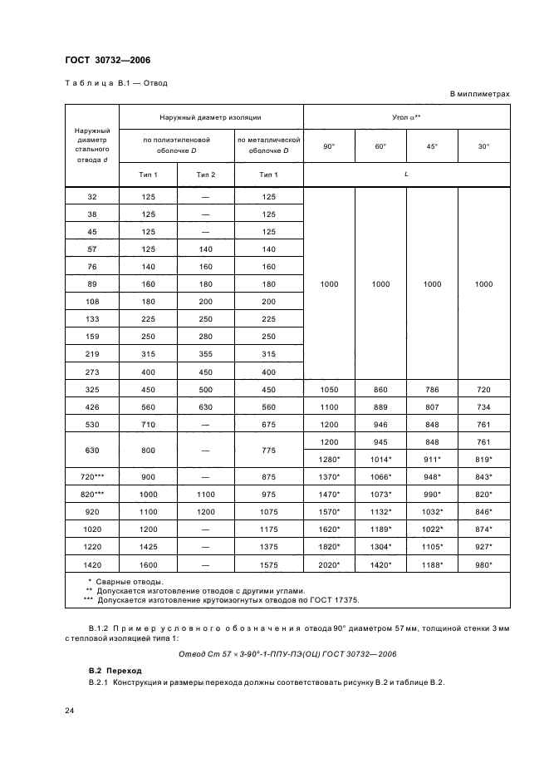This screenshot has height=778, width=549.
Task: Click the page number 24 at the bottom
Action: pyautogui.click(x=70, y=710)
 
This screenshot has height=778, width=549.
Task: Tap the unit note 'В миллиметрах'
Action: pyautogui.click(x=479, y=94)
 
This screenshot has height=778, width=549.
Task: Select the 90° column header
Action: pyautogui.click(x=329, y=146)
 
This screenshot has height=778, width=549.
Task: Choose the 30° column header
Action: pyautogui.click(x=483, y=146)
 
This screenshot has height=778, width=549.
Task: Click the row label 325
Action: pyautogui.click(x=91, y=389)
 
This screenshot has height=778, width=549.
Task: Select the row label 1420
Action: pyautogui.click(x=91, y=565)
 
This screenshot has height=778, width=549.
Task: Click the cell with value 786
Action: pyautogui.click(x=432, y=389)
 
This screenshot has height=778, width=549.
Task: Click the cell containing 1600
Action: pyautogui.click(x=148, y=565)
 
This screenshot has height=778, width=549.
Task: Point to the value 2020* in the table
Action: pyautogui.click(x=329, y=565)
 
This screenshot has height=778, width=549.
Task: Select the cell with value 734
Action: pyautogui.click(x=483, y=406)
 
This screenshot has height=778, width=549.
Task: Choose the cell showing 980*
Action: pyautogui.click(x=483, y=565)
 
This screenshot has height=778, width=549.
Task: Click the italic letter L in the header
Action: pyautogui.click(x=406, y=174)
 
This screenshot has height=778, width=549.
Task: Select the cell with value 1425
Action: pyautogui.click(x=148, y=548)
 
